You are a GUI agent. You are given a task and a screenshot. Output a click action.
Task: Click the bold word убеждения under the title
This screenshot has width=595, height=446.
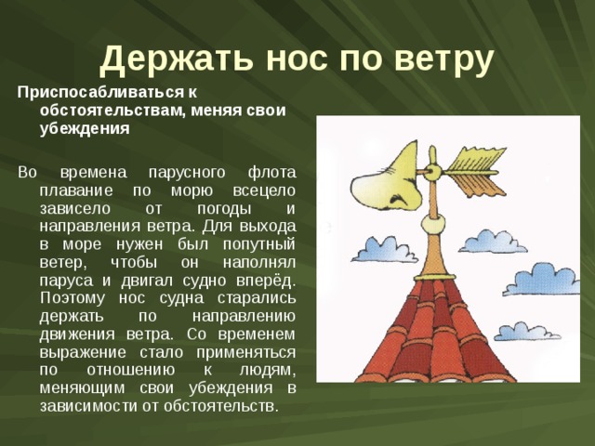tap(84, 128)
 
